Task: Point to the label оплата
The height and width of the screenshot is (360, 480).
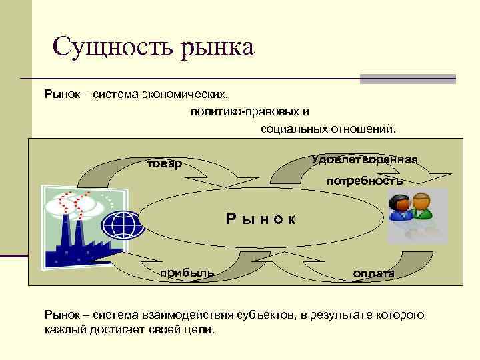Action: [373, 274]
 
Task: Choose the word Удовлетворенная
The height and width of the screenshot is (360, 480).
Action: [364, 160]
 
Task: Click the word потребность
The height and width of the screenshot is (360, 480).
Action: [364, 181]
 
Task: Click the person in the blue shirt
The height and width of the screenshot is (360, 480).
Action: [401, 209]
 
